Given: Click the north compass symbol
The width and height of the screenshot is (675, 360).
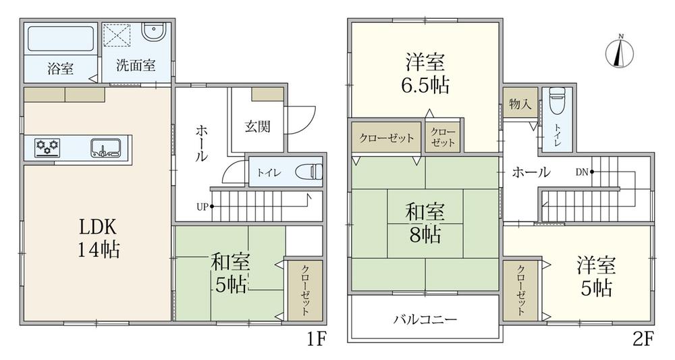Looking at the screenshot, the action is [x=620, y=52].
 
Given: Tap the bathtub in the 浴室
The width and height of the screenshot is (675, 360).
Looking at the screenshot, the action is [x=61, y=39].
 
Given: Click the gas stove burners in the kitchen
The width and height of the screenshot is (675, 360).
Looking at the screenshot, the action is [x=47, y=147].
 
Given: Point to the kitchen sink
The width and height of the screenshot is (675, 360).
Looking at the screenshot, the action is [x=105, y=147].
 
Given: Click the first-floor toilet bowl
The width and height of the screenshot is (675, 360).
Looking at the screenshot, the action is [x=309, y=172].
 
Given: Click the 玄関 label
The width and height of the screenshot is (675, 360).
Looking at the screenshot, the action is [x=258, y=126].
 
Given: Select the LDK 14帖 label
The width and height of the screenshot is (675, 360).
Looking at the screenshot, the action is [x=99, y=238].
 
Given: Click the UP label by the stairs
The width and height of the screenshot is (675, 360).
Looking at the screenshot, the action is [x=202, y=207].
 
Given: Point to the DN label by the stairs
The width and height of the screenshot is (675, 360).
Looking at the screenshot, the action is [x=582, y=172].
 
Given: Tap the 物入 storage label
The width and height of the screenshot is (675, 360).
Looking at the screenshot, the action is [x=520, y=104].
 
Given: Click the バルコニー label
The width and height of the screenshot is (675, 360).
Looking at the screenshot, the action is [x=425, y=319].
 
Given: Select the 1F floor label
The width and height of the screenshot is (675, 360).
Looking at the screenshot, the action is [x=317, y=340].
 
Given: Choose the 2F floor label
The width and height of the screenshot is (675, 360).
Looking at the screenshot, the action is [x=643, y=340].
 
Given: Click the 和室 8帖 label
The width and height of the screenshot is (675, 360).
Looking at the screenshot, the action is [x=425, y=224].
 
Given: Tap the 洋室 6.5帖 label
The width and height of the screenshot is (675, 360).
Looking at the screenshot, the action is [x=425, y=74].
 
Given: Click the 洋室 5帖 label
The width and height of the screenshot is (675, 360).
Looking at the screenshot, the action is [x=596, y=276].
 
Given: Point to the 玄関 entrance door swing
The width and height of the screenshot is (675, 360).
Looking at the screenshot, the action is [x=301, y=120].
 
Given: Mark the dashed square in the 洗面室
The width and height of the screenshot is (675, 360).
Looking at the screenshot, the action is [x=117, y=35].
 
